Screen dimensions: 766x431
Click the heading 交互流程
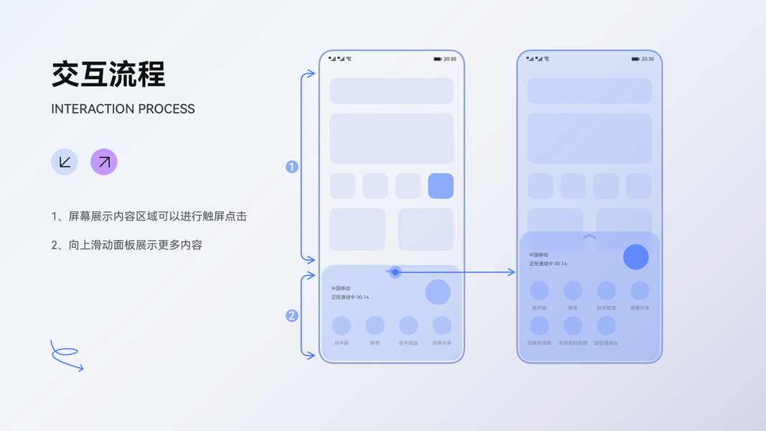click(108, 74)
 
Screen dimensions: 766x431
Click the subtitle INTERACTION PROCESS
click(123, 109)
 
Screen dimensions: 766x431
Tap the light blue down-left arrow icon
click(64, 162)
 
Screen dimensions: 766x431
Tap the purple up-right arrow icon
click(103, 162)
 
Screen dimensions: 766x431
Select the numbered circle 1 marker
click(292, 167)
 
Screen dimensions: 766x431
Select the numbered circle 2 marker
click(292, 315)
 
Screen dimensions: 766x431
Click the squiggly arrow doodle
click(66, 356)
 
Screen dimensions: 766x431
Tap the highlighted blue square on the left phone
click(441, 186)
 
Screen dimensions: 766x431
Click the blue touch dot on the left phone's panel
click(396, 272)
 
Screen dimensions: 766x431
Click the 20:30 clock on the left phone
click(449, 59)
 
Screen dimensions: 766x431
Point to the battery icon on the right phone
click(635, 59)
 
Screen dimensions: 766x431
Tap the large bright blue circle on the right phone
click(635, 257)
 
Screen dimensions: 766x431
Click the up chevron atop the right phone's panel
click(589, 236)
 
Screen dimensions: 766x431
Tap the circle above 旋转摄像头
click(606, 326)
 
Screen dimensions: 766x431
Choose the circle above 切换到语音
click(539, 326)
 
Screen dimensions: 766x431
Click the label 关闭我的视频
click(573, 343)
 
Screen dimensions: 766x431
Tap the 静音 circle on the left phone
click(375, 326)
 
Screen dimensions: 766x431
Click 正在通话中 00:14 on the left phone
click(350, 297)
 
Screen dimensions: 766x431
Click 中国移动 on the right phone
click(539, 255)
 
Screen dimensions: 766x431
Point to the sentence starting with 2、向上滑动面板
click(126, 245)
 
